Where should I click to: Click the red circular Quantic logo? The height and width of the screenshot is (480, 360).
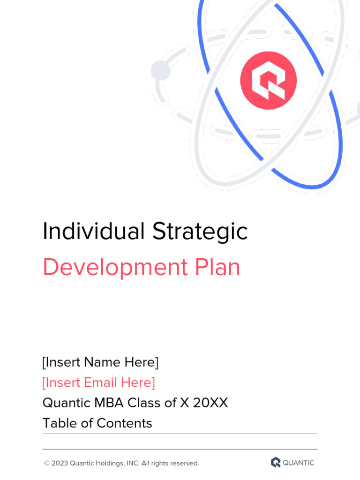point(268,81)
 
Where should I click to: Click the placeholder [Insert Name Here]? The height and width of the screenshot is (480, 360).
point(100,362)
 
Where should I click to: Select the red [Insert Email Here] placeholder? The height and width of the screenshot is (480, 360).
point(98,382)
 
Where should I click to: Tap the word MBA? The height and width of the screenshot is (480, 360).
point(109,403)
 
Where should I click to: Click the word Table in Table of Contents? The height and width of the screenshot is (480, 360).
point(59,423)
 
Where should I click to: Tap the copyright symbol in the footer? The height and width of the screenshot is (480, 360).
point(46,464)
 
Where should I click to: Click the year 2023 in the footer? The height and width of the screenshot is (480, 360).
point(60,464)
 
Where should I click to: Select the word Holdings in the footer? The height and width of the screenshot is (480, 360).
point(109,464)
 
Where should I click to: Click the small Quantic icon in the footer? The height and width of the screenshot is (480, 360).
point(276,463)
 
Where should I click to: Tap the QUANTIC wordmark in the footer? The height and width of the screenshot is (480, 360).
point(299,463)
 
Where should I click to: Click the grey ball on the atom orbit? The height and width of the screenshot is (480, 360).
point(160,70)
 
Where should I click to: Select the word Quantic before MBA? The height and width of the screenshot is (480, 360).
point(66,403)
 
